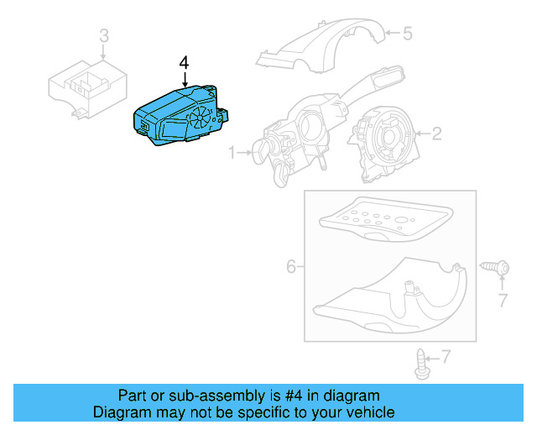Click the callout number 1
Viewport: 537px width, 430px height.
(x=231, y=154)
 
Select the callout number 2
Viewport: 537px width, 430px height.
(x=437, y=133)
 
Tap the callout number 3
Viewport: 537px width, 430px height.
(x=104, y=35)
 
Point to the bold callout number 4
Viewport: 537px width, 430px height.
(x=185, y=63)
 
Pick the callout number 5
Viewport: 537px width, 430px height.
(x=408, y=34)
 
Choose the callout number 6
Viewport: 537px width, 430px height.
(x=291, y=266)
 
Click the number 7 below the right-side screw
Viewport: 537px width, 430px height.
(x=503, y=300)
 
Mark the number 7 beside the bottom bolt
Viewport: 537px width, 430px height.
(x=446, y=357)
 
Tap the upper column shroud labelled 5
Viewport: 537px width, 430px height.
(x=323, y=46)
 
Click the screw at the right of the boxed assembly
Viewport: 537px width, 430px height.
(x=497, y=267)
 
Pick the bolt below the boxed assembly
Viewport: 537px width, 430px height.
(x=421, y=360)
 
